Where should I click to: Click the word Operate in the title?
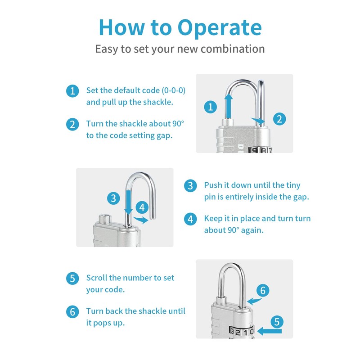[220, 27]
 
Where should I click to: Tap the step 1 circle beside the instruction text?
[72, 91]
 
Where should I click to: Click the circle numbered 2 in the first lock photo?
[279, 119]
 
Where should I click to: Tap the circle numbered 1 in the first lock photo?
[210, 107]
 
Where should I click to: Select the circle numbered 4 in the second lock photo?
[142, 207]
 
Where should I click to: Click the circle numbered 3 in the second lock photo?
[113, 198]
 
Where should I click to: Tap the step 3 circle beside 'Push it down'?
[191, 185]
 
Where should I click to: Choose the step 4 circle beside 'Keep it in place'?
[191, 219]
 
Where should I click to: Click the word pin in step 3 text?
[211, 197]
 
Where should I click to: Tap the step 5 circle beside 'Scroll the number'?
[72, 278]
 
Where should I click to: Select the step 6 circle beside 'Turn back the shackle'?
[72, 311]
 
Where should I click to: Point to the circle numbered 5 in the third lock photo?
[277, 322]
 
